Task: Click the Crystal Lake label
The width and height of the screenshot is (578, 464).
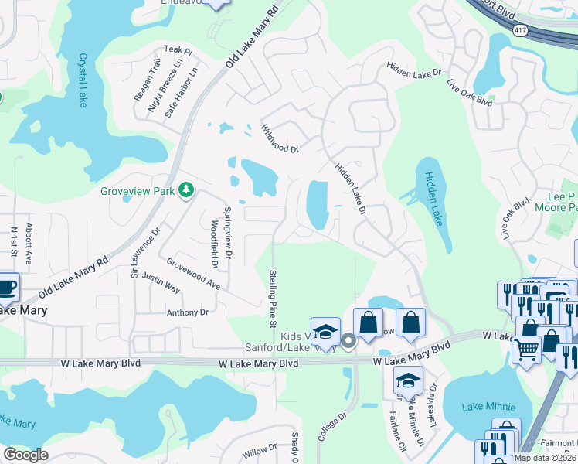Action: pyautogui.click(x=83, y=80)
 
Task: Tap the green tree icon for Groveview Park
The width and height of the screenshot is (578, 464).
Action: pyautogui.click(x=185, y=189)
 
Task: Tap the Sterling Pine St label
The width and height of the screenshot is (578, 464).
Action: pyautogui.click(x=273, y=298)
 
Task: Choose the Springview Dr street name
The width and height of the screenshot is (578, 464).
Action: pyautogui.click(x=227, y=233)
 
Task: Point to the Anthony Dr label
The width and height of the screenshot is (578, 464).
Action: pyautogui.click(x=188, y=312)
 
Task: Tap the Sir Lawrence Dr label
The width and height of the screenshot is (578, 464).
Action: pyautogui.click(x=144, y=253)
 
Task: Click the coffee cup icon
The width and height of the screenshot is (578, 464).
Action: pyautogui.click(x=6, y=285)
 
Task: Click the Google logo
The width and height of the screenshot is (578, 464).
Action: pyautogui.click(x=25, y=455)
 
